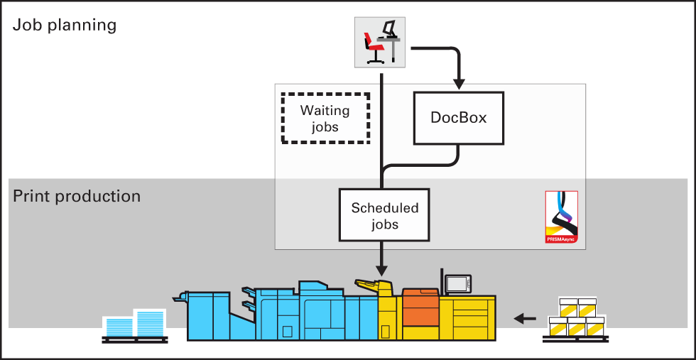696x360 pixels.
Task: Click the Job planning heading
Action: [65, 26]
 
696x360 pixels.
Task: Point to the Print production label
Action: [77, 196]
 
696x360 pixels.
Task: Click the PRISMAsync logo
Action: [562, 217]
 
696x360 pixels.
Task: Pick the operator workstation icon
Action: [379, 43]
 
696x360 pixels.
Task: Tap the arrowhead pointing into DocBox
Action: [460, 84]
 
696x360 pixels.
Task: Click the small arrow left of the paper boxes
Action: [525, 318]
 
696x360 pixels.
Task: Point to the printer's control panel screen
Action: [457, 283]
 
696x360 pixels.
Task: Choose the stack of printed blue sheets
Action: [134, 324]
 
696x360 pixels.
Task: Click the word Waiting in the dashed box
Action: [325, 110]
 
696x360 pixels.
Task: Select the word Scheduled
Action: [385, 208]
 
